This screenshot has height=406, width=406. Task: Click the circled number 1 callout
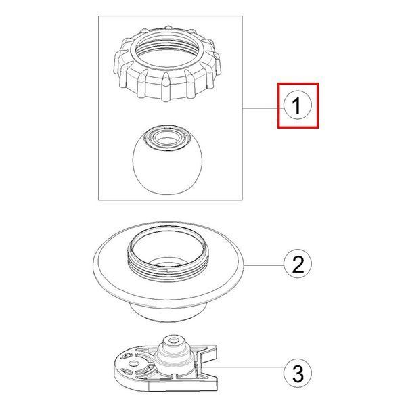click(298, 106)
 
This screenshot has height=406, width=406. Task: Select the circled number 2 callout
click(298, 264)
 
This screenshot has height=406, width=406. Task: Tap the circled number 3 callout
click(298, 373)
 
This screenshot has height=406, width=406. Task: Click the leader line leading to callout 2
click(264, 265)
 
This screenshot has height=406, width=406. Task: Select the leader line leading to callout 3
click(240, 367)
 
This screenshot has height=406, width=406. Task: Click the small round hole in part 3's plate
click(133, 363)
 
